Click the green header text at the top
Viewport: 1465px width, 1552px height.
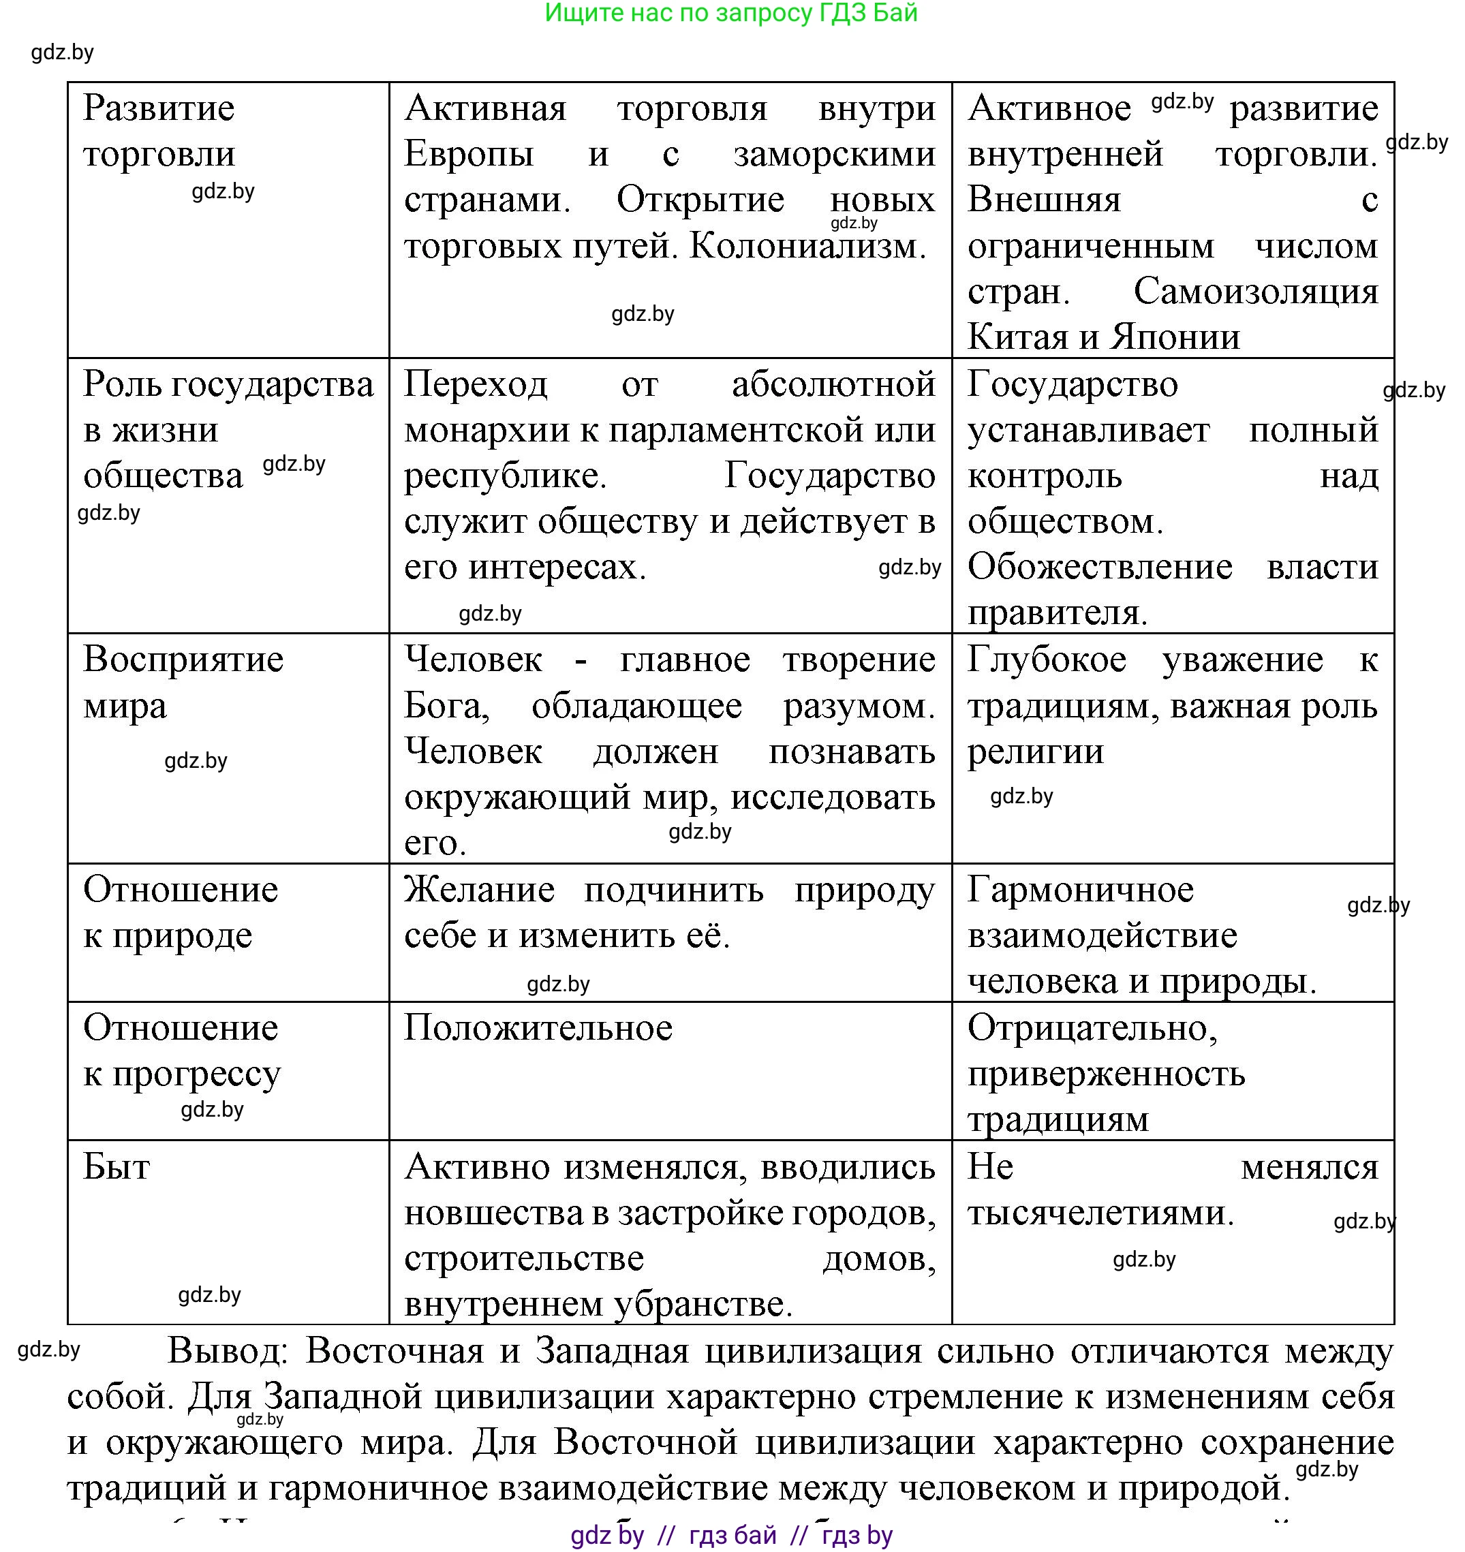pos(731,13)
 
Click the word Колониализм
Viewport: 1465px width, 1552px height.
pos(807,247)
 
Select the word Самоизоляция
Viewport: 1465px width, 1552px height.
pos(1256,292)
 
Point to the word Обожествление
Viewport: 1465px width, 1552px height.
pos(1100,567)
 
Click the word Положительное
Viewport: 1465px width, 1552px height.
pos(538,1028)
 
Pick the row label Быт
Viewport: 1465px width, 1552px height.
pos(117,1167)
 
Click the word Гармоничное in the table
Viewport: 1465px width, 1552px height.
pos(1080,890)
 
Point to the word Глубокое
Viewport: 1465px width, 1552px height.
pos(1047,659)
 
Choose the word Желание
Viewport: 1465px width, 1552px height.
pos(480,890)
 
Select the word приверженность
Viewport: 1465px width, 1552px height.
pos(1106,1074)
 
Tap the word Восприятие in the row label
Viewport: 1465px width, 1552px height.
pos(183,659)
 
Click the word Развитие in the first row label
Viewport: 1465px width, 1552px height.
pos(159,108)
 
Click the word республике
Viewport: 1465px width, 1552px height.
pos(505,476)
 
